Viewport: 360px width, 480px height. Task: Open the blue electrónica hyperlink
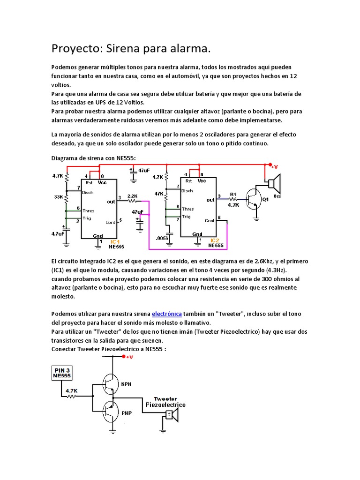168,314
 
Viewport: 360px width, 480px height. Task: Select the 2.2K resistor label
132,195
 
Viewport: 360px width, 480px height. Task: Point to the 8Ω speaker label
277,196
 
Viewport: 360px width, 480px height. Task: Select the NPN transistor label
127,383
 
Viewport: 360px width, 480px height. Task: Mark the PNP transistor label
127,413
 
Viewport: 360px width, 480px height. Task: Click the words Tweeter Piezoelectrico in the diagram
165,401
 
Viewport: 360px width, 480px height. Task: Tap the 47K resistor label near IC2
159,193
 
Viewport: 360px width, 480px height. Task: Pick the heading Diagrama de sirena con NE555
93,158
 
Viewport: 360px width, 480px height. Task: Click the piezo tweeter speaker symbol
172,414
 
